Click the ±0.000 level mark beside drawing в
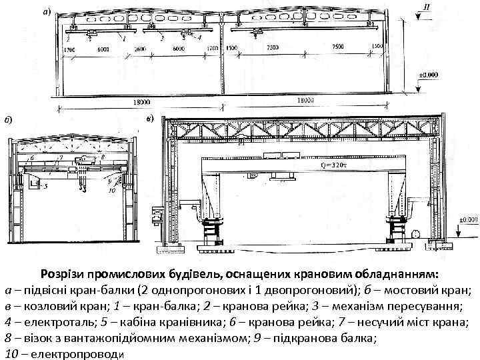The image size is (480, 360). [x=469, y=219]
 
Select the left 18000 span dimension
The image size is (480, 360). [x=141, y=102]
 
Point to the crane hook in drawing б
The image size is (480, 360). [x=81, y=188]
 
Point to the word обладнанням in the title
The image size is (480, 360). [x=394, y=274]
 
